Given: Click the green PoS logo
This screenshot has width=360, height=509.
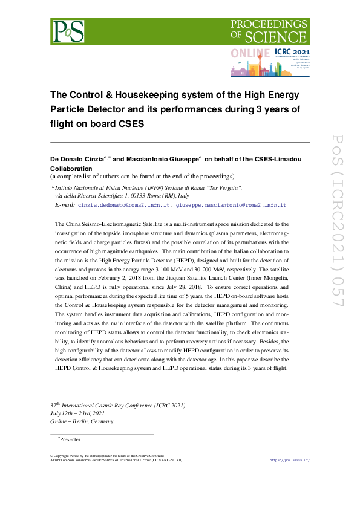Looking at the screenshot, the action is click(67, 30).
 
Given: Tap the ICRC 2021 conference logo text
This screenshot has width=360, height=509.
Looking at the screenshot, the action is click(292, 53).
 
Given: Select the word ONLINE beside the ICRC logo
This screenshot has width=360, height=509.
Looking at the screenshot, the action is click(250, 53).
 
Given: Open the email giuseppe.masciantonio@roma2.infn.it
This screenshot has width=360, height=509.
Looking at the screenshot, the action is click(231, 206).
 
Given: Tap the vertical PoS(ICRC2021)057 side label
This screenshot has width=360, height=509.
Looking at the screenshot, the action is click(337, 229).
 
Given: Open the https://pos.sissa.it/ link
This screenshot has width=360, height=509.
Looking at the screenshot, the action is click(289, 460).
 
